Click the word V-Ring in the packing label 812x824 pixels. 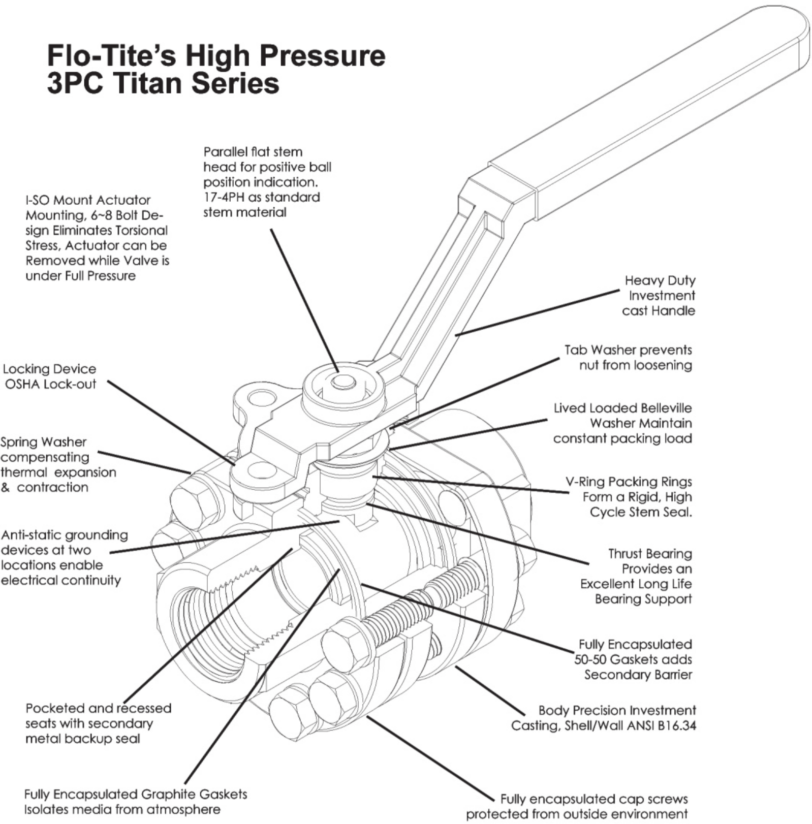click(x=585, y=482)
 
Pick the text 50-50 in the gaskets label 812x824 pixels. click(x=590, y=659)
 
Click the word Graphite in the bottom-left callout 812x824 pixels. click(x=169, y=794)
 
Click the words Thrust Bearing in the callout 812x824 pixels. click(x=650, y=553)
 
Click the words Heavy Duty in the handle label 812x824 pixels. click(x=660, y=280)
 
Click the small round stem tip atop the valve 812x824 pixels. click(x=343, y=382)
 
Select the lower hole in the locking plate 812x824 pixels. click(x=262, y=470)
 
